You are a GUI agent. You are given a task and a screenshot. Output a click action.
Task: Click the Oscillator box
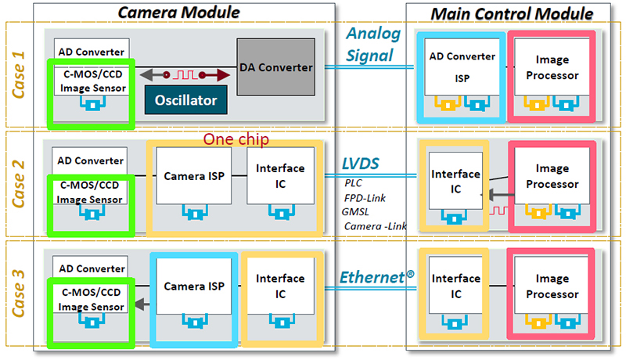coord(185,101)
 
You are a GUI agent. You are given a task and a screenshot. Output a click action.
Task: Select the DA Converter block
coord(275,68)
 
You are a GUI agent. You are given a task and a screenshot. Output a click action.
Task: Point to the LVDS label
coord(360,164)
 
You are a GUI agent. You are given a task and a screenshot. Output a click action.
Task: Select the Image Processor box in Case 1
coord(552,68)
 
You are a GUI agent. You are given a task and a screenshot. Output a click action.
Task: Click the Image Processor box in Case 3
coord(552,286)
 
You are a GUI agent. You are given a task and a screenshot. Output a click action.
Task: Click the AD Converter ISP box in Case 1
coord(461,68)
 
